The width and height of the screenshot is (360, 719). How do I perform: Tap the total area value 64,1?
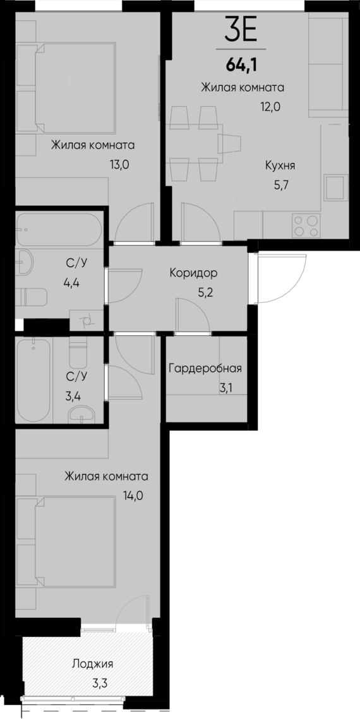click(x=241, y=63)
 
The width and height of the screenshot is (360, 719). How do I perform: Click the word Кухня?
click(x=280, y=166)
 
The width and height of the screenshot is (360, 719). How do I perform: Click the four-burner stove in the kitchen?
click(x=306, y=225)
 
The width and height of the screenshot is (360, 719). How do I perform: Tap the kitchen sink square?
click(x=334, y=187)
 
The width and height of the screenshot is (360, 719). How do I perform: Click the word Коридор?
click(x=193, y=273)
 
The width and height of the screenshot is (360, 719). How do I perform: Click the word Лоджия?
click(x=92, y=663)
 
